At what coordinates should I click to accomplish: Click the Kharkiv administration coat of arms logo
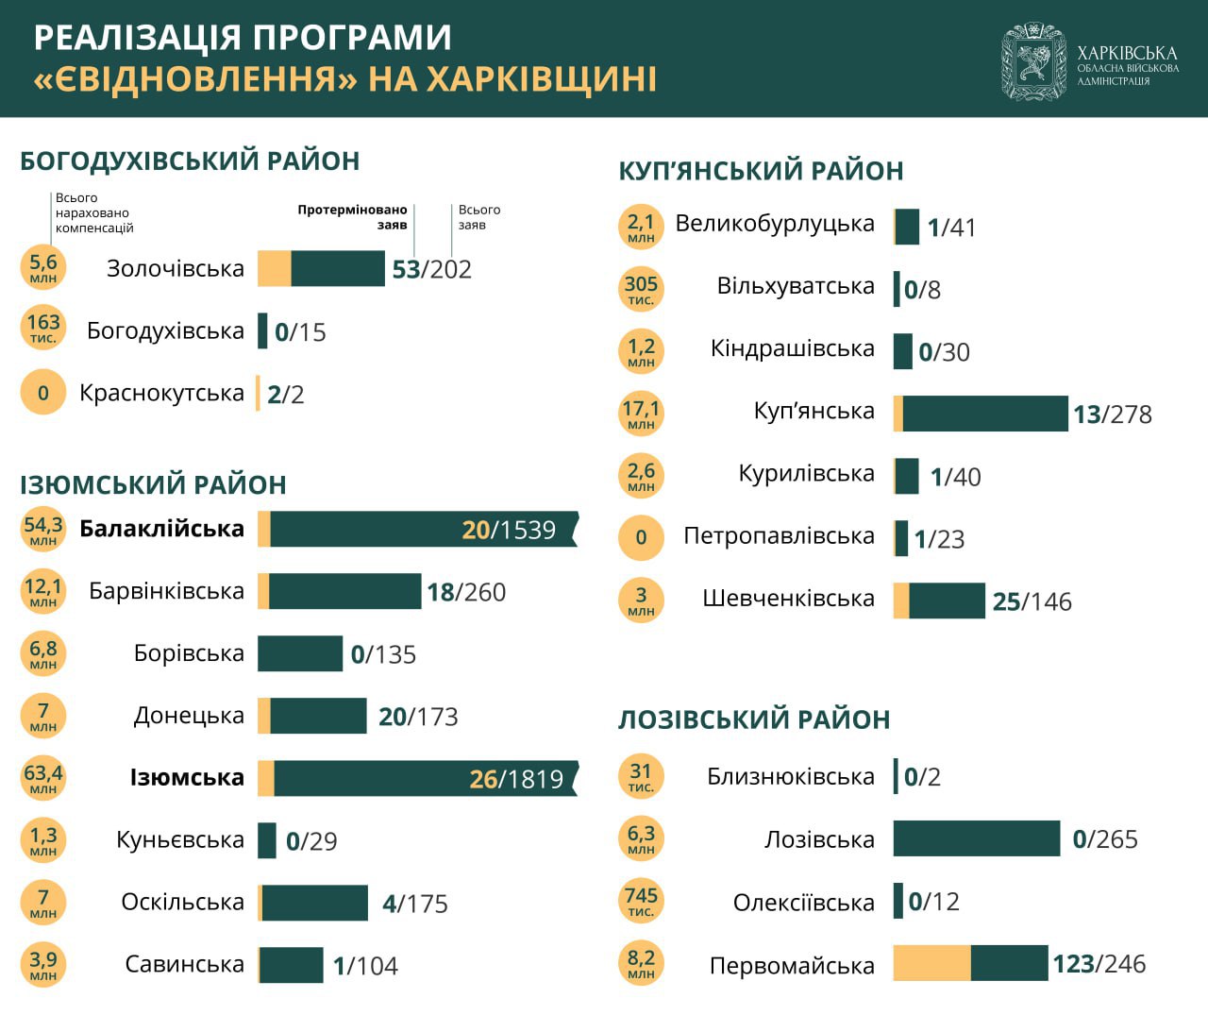1033,61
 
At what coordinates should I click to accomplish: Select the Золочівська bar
321,268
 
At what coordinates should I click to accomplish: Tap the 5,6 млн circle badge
43,267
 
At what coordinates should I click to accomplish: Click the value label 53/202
431,270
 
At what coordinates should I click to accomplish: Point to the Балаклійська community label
161,529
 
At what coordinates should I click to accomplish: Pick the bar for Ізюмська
417,778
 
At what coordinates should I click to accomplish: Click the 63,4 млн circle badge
43,778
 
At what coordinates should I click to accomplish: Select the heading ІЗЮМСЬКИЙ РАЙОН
153,485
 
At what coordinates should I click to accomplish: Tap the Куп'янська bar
981,414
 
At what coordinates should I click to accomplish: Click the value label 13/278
1112,414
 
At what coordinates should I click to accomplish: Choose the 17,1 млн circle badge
641,414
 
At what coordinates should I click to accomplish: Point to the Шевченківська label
788,599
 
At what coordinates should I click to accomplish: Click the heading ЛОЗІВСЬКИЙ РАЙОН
754,719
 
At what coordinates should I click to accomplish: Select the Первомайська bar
970,963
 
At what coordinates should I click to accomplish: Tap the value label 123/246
1099,964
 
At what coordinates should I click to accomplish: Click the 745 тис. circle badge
641,901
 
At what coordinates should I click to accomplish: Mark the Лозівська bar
977,838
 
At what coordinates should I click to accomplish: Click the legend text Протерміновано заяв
352,217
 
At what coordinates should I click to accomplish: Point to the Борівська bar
300,653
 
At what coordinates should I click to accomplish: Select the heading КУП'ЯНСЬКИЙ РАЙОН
761,171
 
